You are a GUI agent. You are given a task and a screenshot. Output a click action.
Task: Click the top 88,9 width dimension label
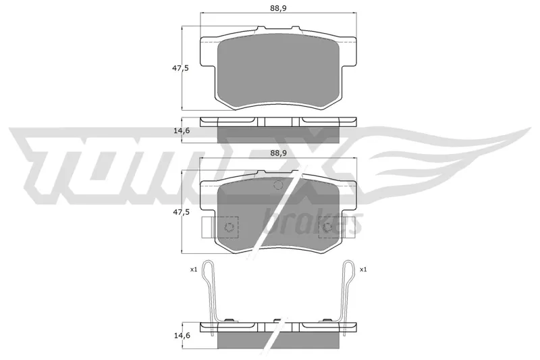click(278, 8)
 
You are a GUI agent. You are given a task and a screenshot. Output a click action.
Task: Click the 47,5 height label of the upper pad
click(180, 68)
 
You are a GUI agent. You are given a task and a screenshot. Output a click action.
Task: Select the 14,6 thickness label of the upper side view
click(180, 130)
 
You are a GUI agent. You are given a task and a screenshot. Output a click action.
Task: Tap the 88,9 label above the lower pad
click(278, 153)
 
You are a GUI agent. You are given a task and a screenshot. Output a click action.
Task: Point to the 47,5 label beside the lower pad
click(180, 212)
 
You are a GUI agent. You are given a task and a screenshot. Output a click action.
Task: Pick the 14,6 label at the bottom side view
click(180, 335)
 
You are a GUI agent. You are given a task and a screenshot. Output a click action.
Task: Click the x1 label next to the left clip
click(194, 269)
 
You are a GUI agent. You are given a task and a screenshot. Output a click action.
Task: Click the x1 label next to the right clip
click(363, 269)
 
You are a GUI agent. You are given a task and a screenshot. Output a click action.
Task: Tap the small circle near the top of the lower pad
click(278, 185)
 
